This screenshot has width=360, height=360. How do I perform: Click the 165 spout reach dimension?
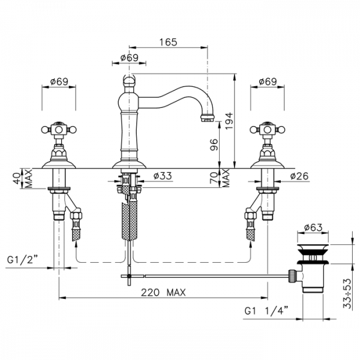[x=168, y=42]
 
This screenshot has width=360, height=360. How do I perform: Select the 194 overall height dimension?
[x=229, y=121]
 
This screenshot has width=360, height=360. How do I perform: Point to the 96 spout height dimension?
[x=214, y=145]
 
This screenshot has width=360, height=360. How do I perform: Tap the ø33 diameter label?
[x=163, y=176]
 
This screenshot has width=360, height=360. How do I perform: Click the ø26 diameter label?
[x=299, y=176]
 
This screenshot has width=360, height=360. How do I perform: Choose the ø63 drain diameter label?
[x=313, y=227]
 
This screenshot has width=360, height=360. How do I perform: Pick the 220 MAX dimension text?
[x=163, y=293]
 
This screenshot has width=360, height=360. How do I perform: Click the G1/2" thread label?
[x=22, y=260]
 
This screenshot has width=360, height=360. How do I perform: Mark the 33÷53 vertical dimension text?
[x=347, y=293]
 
